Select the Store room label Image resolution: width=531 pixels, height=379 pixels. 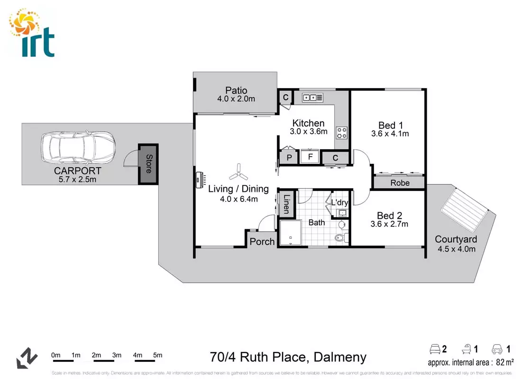tap(148, 164)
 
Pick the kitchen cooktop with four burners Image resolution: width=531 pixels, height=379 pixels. tap(342, 133)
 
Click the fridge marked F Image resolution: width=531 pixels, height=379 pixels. tap(311, 156)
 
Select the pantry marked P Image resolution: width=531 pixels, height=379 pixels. tap(288, 157)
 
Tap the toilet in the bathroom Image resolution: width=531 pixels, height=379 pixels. tap(339, 237)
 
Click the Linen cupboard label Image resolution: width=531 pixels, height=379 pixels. tap(287, 204)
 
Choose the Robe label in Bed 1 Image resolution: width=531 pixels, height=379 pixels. tap(400, 182)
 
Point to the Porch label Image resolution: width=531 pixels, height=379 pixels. tap(262, 242)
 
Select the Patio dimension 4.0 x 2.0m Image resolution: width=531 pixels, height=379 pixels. tap(236, 99)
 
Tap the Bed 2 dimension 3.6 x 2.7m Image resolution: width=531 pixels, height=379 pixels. tap(389, 224)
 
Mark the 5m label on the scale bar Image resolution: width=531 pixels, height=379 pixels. tap(157, 355)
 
